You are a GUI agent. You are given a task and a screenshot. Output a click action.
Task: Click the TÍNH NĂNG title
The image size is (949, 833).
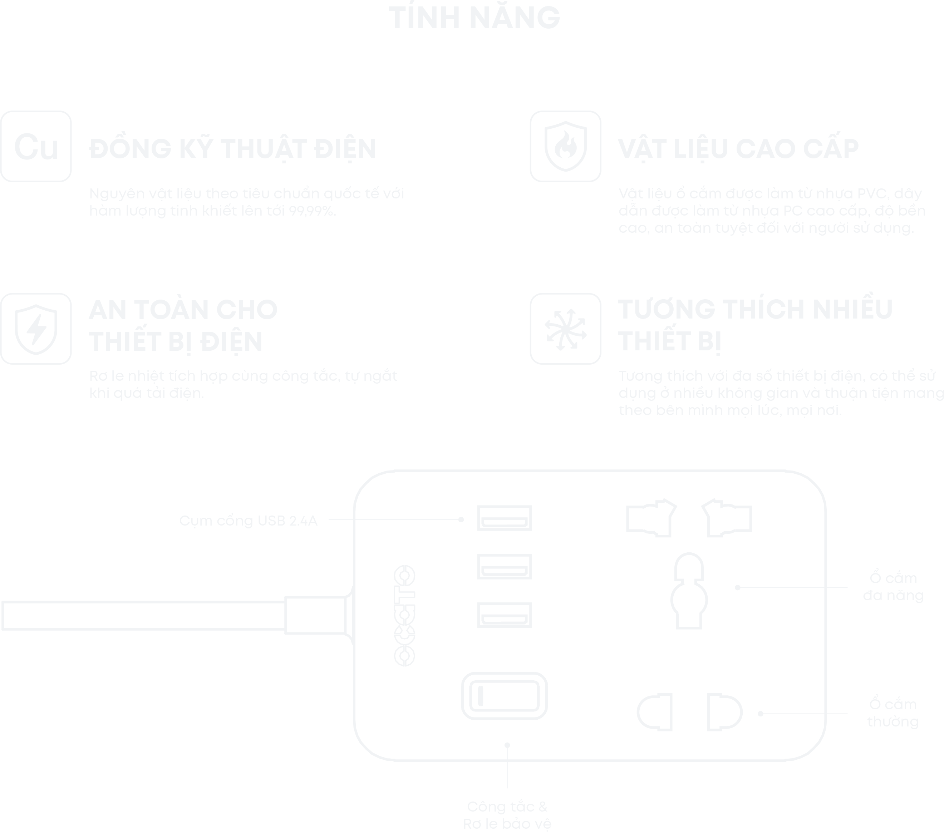[474, 18]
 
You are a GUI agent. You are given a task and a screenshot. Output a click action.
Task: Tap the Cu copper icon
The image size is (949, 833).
[36, 147]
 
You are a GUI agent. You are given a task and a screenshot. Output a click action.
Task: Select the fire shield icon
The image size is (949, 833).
[565, 147]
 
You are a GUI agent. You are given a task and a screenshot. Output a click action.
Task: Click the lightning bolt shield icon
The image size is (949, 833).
[36, 329]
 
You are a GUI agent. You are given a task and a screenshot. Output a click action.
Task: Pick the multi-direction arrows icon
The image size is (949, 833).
[565, 329]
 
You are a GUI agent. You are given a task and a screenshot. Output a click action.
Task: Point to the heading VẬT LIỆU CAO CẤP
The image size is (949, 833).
[738, 149]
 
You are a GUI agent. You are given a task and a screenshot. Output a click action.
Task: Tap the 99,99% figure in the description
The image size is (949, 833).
[311, 211]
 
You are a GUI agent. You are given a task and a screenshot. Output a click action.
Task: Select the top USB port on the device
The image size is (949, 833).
[504, 518]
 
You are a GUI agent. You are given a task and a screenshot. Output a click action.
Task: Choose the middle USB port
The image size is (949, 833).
[504, 567]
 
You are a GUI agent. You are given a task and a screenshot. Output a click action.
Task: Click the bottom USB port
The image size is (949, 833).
[504, 615]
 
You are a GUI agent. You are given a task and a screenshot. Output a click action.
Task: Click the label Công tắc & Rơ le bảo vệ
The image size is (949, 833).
[507, 815]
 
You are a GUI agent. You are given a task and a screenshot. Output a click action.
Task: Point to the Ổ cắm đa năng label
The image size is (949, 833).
[893, 587]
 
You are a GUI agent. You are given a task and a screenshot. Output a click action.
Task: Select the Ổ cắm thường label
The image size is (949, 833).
[893, 713]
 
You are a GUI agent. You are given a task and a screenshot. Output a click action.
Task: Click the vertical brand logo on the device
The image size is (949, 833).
[404, 615]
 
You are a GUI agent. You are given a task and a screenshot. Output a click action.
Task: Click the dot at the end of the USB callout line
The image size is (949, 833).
[461, 519]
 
